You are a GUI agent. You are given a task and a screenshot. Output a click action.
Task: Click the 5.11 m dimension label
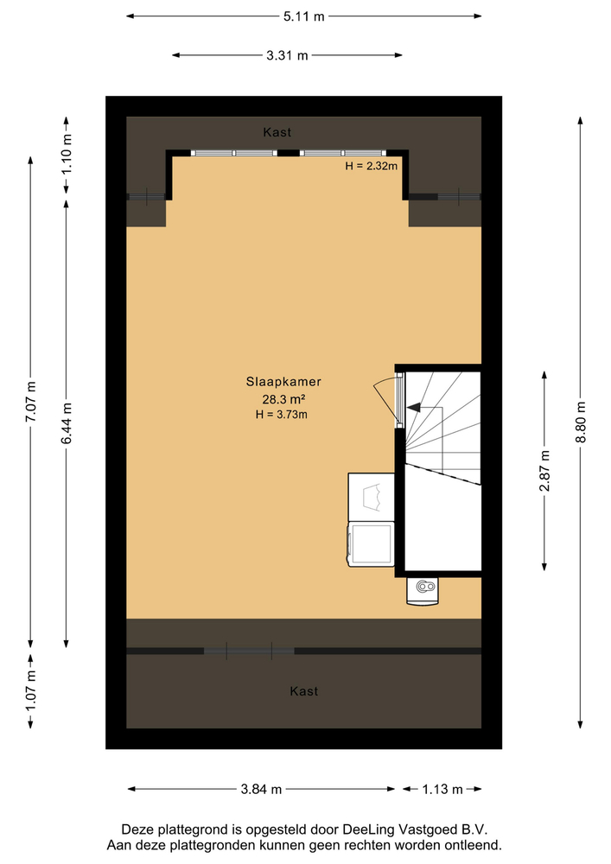304,16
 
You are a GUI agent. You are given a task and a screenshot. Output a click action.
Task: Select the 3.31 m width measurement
287,56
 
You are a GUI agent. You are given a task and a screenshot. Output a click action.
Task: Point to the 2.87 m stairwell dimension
544,471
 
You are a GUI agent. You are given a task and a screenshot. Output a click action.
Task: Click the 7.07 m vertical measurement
31,401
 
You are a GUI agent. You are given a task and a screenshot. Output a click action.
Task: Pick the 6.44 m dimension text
67,425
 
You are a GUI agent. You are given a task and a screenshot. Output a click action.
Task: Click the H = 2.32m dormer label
371,167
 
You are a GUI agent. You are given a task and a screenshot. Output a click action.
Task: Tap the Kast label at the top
277,132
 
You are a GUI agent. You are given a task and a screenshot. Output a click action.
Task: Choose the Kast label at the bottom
304,691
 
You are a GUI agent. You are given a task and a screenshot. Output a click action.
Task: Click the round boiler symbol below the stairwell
423,588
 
